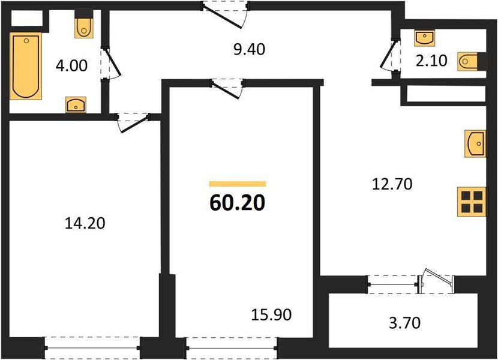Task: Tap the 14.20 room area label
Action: pos(85,224)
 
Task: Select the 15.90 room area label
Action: pos(271,314)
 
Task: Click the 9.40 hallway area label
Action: pos(249,49)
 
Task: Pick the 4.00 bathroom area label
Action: pos(71,64)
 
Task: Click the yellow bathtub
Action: pos(25,67)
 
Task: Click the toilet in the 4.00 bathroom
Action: pos(84,26)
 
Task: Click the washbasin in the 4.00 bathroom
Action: pos(76,105)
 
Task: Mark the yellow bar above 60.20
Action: pos(238,184)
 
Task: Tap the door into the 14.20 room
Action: pos(133,122)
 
